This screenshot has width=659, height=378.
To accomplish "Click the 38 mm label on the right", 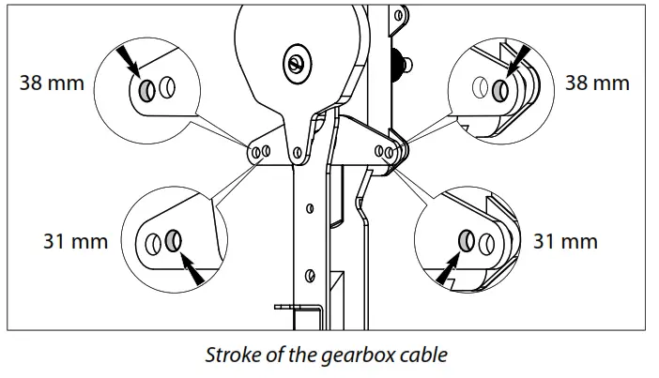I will coord(597,83).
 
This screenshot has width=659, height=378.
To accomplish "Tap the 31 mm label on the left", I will coord(76,241).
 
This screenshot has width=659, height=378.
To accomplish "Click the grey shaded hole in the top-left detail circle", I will coord(148,91).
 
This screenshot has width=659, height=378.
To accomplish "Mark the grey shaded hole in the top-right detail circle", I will coord(500,90).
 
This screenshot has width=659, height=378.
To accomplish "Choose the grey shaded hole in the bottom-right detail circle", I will coord(467,241).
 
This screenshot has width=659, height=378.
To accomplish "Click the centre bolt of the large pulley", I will coord(295,63).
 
